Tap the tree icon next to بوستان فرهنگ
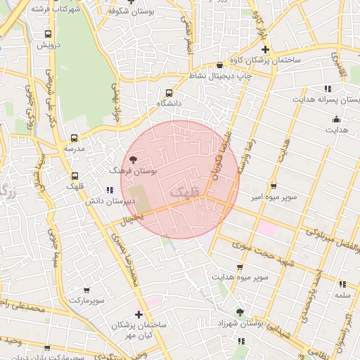(x=134, y=160)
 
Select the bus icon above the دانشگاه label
(x=169, y=93)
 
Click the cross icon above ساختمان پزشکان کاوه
(x=265, y=49)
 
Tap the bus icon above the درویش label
(x=48, y=34)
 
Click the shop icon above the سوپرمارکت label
(x=86, y=290)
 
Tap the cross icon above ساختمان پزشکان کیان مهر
(x=138, y=314)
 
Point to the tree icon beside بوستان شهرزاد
(x=240, y=312)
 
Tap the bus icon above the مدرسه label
(x=75, y=139)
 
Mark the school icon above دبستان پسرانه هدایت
(x=328, y=89)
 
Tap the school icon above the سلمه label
(x=342, y=285)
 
